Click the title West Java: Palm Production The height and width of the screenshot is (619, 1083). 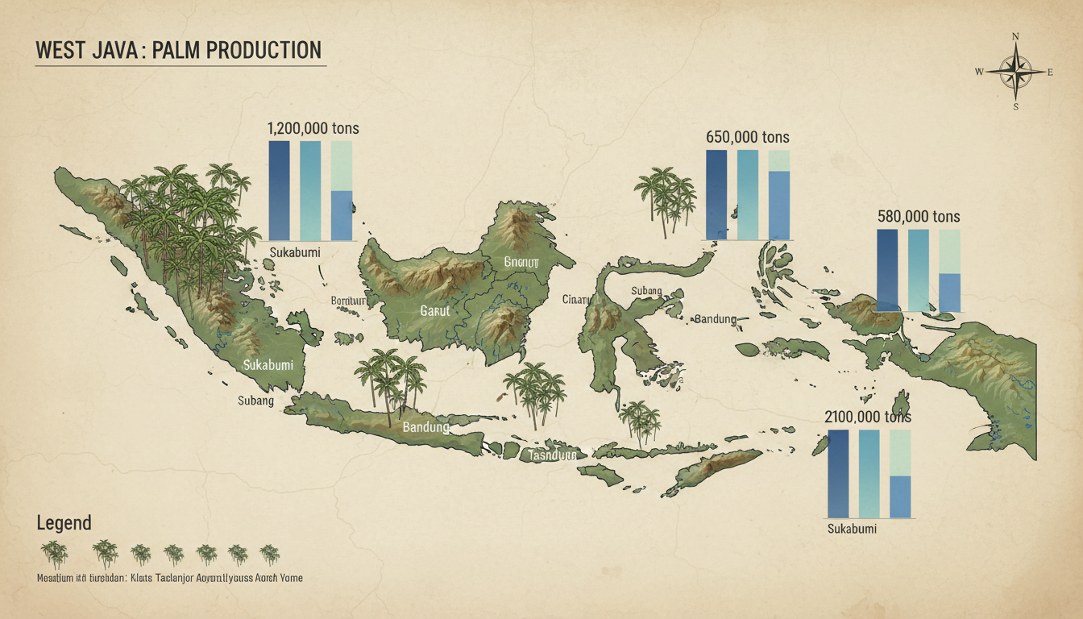pyautogui.click(x=179, y=50)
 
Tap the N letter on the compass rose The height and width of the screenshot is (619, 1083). pyautogui.click(x=1015, y=36)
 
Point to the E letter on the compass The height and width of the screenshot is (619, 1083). pyautogui.click(x=1050, y=73)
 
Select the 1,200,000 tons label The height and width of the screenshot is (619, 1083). pyautogui.click(x=313, y=128)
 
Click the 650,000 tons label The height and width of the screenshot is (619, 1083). pyautogui.click(x=748, y=137)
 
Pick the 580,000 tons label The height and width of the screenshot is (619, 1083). pyautogui.click(x=918, y=217)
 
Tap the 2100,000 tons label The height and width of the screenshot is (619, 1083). pyautogui.click(x=868, y=417)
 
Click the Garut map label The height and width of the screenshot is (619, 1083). pyautogui.click(x=434, y=309)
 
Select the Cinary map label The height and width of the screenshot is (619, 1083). pyautogui.click(x=576, y=300)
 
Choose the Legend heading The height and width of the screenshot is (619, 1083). pyautogui.click(x=64, y=523)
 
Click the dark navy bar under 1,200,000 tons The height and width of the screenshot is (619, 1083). pyautogui.click(x=279, y=190)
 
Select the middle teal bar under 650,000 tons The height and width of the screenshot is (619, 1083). pyautogui.click(x=747, y=194)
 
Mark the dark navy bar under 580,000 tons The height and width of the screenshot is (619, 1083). pyautogui.click(x=886, y=270)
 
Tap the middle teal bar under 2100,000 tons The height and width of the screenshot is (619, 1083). pyautogui.click(x=869, y=473)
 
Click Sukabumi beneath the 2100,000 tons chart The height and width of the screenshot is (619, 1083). pyautogui.click(x=852, y=530)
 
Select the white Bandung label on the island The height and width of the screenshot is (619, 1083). pyautogui.click(x=425, y=427)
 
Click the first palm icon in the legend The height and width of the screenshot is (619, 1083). pyautogui.click(x=55, y=555)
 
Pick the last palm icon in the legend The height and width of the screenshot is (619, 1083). pyautogui.click(x=269, y=555)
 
